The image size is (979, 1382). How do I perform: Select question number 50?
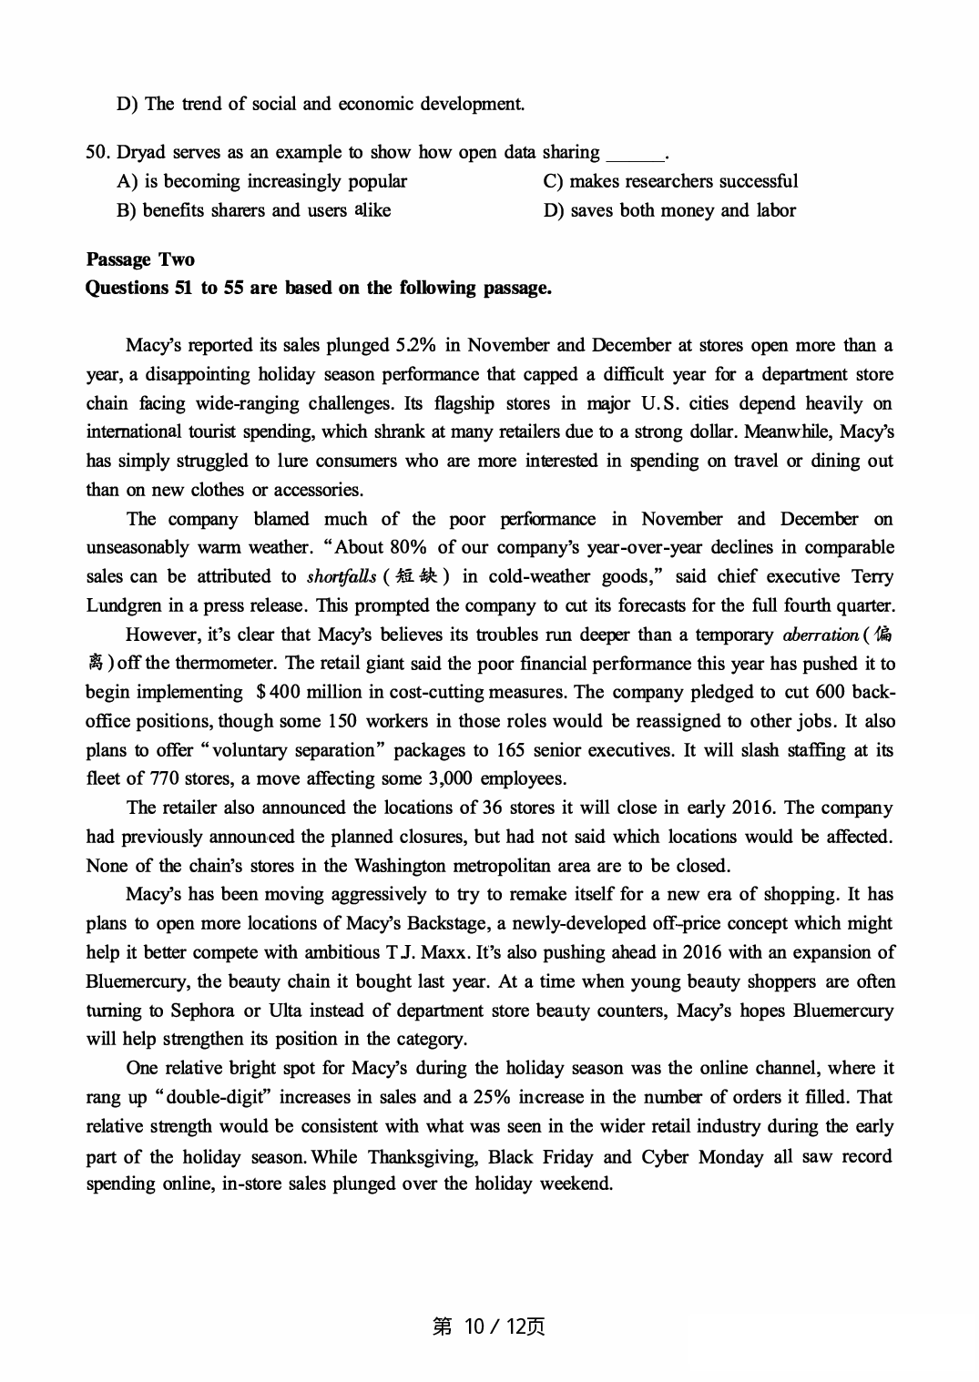[x=97, y=152]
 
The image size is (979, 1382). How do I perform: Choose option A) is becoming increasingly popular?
[x=262, y=181]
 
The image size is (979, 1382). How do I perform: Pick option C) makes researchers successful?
[x=670, y=181]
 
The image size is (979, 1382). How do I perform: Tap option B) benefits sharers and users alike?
[x=254, y=210]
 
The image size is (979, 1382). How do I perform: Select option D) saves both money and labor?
[x=669, y=210]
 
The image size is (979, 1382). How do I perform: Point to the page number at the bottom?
[x=489, y=1326]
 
